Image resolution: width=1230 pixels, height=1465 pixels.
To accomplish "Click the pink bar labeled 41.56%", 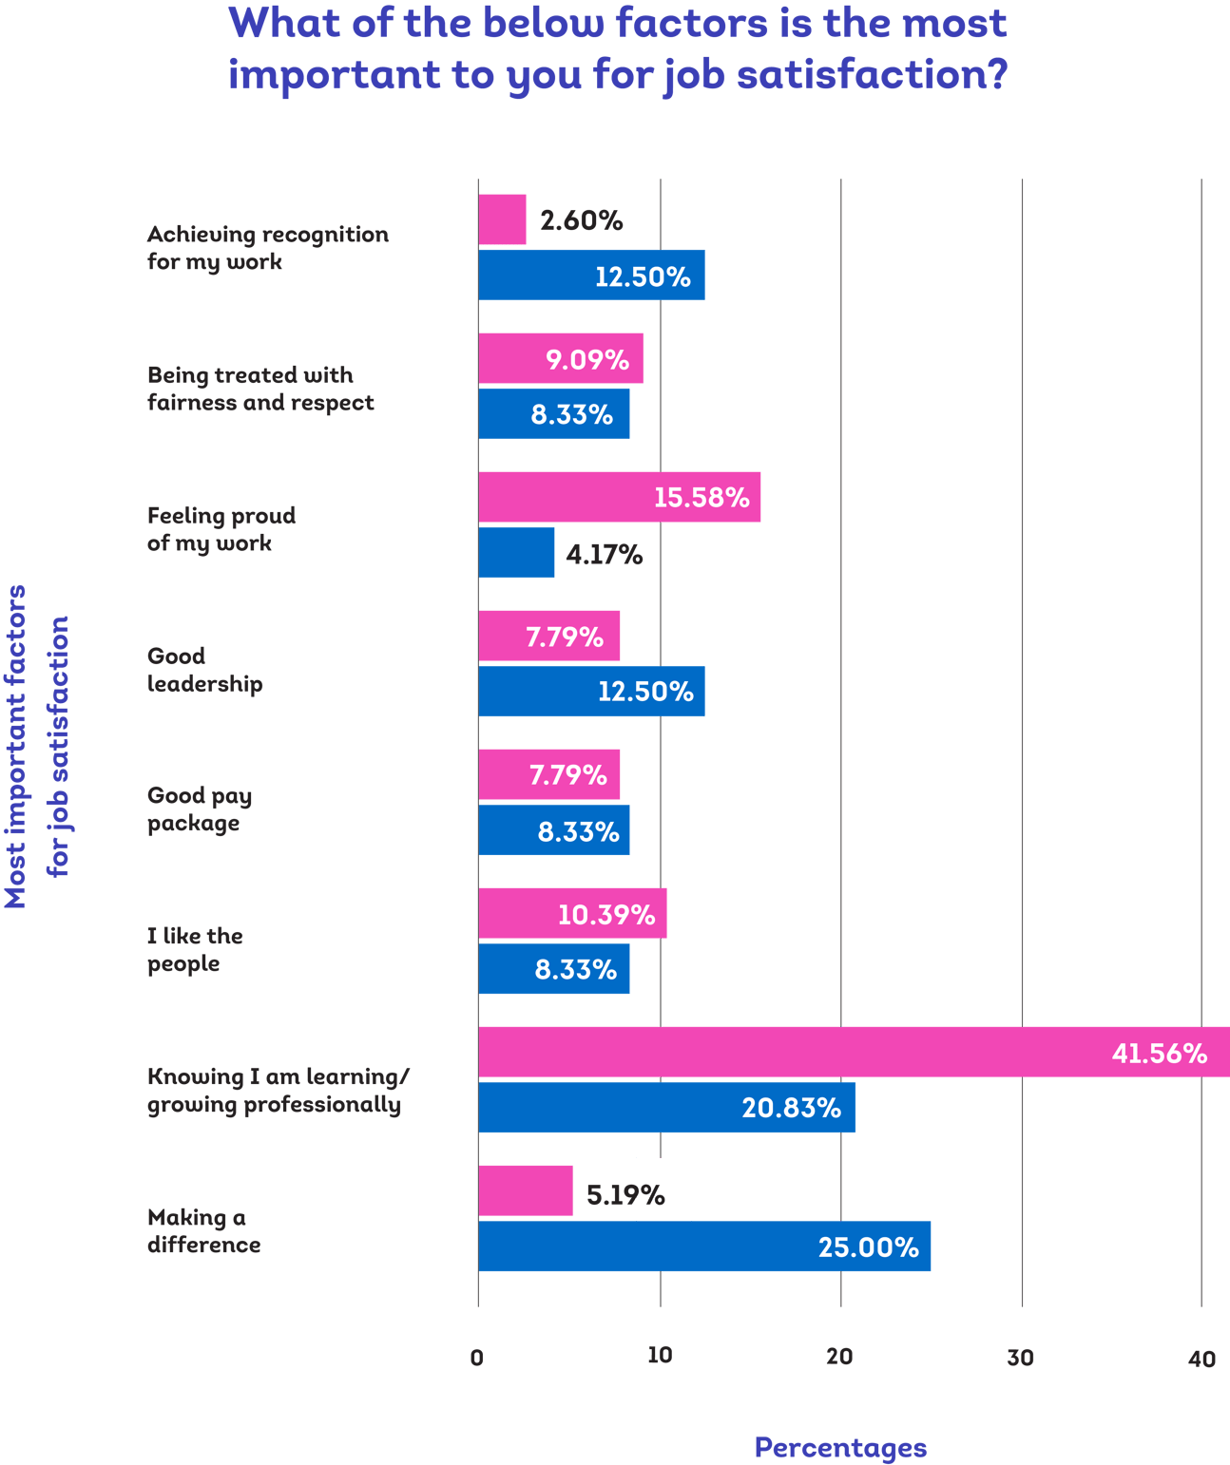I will pyautogui.click(x=854, y=1052).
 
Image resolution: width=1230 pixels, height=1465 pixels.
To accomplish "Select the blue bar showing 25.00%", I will pyautogui.click(x=703, y=1247).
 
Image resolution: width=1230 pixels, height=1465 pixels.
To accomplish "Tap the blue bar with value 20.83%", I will pyautogui.click(x=666, y=1108).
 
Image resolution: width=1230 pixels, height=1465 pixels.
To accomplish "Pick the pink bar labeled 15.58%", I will pyautogui.click(x=619, y=497).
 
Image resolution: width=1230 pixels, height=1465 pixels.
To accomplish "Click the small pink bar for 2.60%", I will pyautogui.click(x=502, y=219).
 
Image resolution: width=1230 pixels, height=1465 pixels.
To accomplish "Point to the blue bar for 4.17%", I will pyautogui.click(x=516, y=552).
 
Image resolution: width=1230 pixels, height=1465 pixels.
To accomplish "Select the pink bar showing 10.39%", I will pyautogui.click(x=572, y=914).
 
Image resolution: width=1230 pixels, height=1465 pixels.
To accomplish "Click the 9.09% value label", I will pyautogui.click(x=586, y=360).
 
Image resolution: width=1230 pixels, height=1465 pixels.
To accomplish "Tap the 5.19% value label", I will pyautogui.click(x=625, y=1194).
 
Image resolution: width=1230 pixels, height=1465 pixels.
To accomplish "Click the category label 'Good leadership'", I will pyautogui.click(x=204, y=670).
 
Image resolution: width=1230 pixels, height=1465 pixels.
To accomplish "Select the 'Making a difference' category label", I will pyautogui.click(x=203, y=1231).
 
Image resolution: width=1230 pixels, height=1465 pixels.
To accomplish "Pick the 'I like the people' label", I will pyautogui.click(x=195, y=950).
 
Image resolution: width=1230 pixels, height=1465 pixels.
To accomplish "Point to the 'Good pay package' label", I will pyautogui.click(x=200, y=809).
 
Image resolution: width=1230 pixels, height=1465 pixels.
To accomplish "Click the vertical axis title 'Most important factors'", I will pyautogui.click(x=16, y=746).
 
